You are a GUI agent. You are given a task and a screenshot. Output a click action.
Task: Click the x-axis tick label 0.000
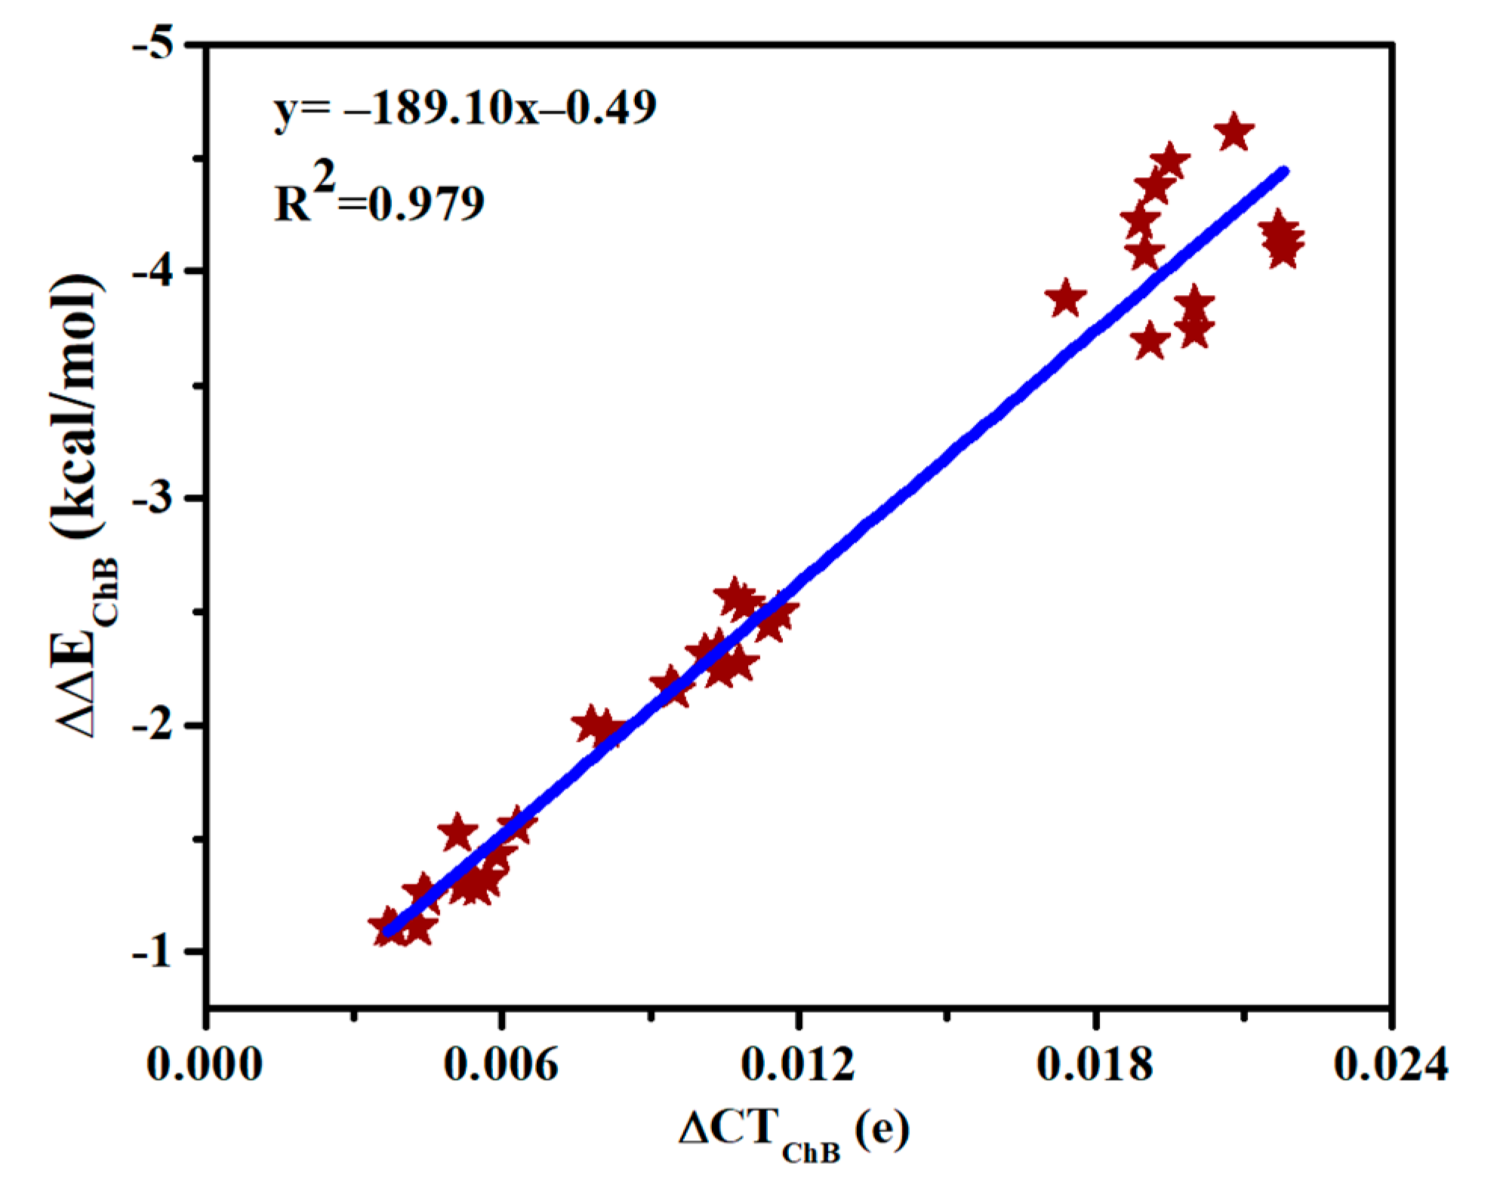tap(205, 1065)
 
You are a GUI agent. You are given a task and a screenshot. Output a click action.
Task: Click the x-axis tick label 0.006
tap(501, 1065)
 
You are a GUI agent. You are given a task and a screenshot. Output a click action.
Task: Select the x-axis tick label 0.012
tap(798, 1065)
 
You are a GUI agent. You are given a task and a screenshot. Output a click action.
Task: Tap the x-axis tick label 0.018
tap(1095, 1065)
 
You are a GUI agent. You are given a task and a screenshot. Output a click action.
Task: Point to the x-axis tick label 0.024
tap(1391, 1065)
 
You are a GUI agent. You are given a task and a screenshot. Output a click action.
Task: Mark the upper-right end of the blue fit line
tap(1284, 171)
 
